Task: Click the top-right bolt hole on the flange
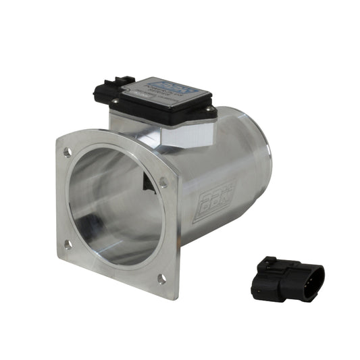pyautogui.click(x=163, y=181)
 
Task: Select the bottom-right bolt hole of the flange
pyautogui.click(x=161, y=278)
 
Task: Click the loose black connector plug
pyautogui.click(x=286, y=278)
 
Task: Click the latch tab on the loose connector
pyautogui.click(x=270, y=263)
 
